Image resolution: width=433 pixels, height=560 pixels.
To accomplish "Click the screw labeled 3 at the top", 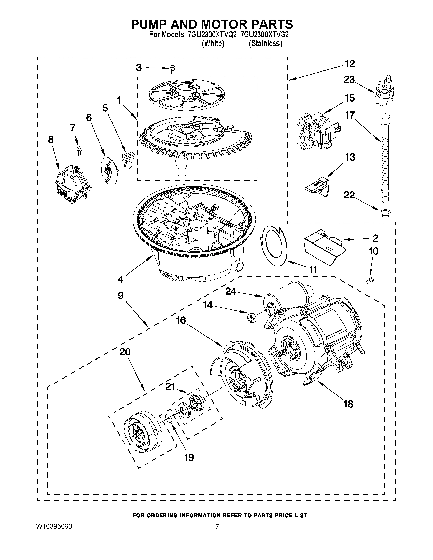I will [x=173, y=69].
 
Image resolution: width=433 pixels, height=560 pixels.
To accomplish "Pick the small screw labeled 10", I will [x=369, y=280].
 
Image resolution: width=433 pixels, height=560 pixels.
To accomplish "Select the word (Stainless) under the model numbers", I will [x=265, y=44].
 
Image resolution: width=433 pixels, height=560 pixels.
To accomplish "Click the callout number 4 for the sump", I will [x=120, y=279].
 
